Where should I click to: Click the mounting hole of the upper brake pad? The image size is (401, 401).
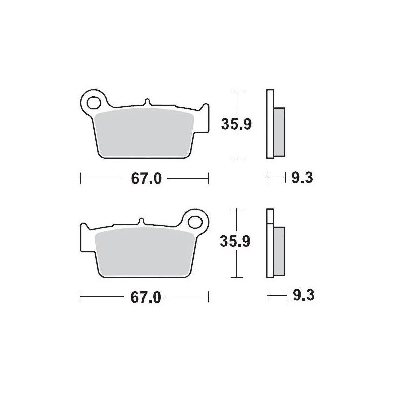(93, 103)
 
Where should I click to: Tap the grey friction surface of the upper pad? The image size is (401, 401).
(144, 133)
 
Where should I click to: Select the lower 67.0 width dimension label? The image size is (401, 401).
(145, 297)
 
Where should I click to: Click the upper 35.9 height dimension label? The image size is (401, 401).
(236, 124)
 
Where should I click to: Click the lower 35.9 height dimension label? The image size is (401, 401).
(236, 241)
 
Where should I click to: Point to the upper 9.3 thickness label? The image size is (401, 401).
(302, 178)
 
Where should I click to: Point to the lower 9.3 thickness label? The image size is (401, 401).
(302, 295)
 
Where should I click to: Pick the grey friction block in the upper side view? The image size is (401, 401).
(280, 131)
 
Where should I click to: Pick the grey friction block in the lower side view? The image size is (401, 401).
(280, 250)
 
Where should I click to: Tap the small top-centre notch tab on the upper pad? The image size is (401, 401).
(147, 102)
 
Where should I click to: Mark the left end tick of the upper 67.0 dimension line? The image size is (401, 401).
(81, 178)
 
